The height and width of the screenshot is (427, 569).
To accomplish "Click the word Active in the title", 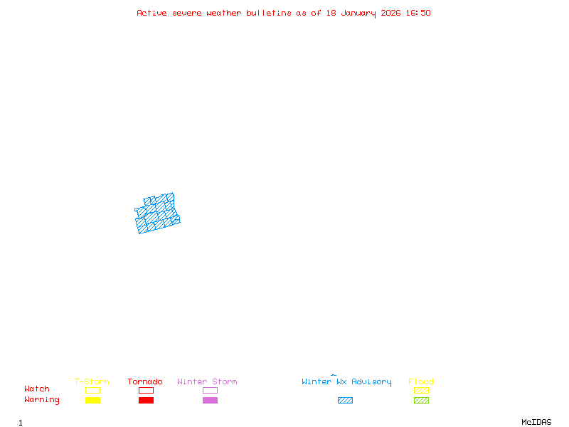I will (x=152, y=13).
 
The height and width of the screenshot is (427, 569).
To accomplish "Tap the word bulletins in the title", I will (x=269, y=13).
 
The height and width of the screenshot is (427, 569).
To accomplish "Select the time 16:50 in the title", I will (x=418, y=13).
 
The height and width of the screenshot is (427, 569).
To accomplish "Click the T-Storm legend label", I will (x=92, y=382).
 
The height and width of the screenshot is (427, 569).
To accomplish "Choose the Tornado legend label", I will (x=145, y=382).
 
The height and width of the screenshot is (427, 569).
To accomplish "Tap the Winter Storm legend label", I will (x=207, y=382).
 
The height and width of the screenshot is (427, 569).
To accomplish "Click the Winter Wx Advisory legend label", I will (x=346, y=382).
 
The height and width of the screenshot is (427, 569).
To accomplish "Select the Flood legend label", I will (x=421, y=382).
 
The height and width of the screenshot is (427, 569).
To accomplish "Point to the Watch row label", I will (x=37, y=389).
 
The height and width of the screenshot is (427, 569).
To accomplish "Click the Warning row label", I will (x=42, y=400).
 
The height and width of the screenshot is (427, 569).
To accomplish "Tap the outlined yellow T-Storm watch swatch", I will (x=92, y=390).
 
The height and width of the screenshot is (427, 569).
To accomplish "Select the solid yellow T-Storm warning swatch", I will (x=92, y=400).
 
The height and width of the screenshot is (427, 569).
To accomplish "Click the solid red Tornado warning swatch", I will (x=146, y=400).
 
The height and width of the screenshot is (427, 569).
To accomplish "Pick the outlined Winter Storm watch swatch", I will (x=210, y=390).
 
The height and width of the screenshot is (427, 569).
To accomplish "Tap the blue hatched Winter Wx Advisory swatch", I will (x=345, y=400).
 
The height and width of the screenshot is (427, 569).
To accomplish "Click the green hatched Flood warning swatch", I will (x=421, y=400).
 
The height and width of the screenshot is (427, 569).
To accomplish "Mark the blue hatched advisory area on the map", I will (x=156, y=214).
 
